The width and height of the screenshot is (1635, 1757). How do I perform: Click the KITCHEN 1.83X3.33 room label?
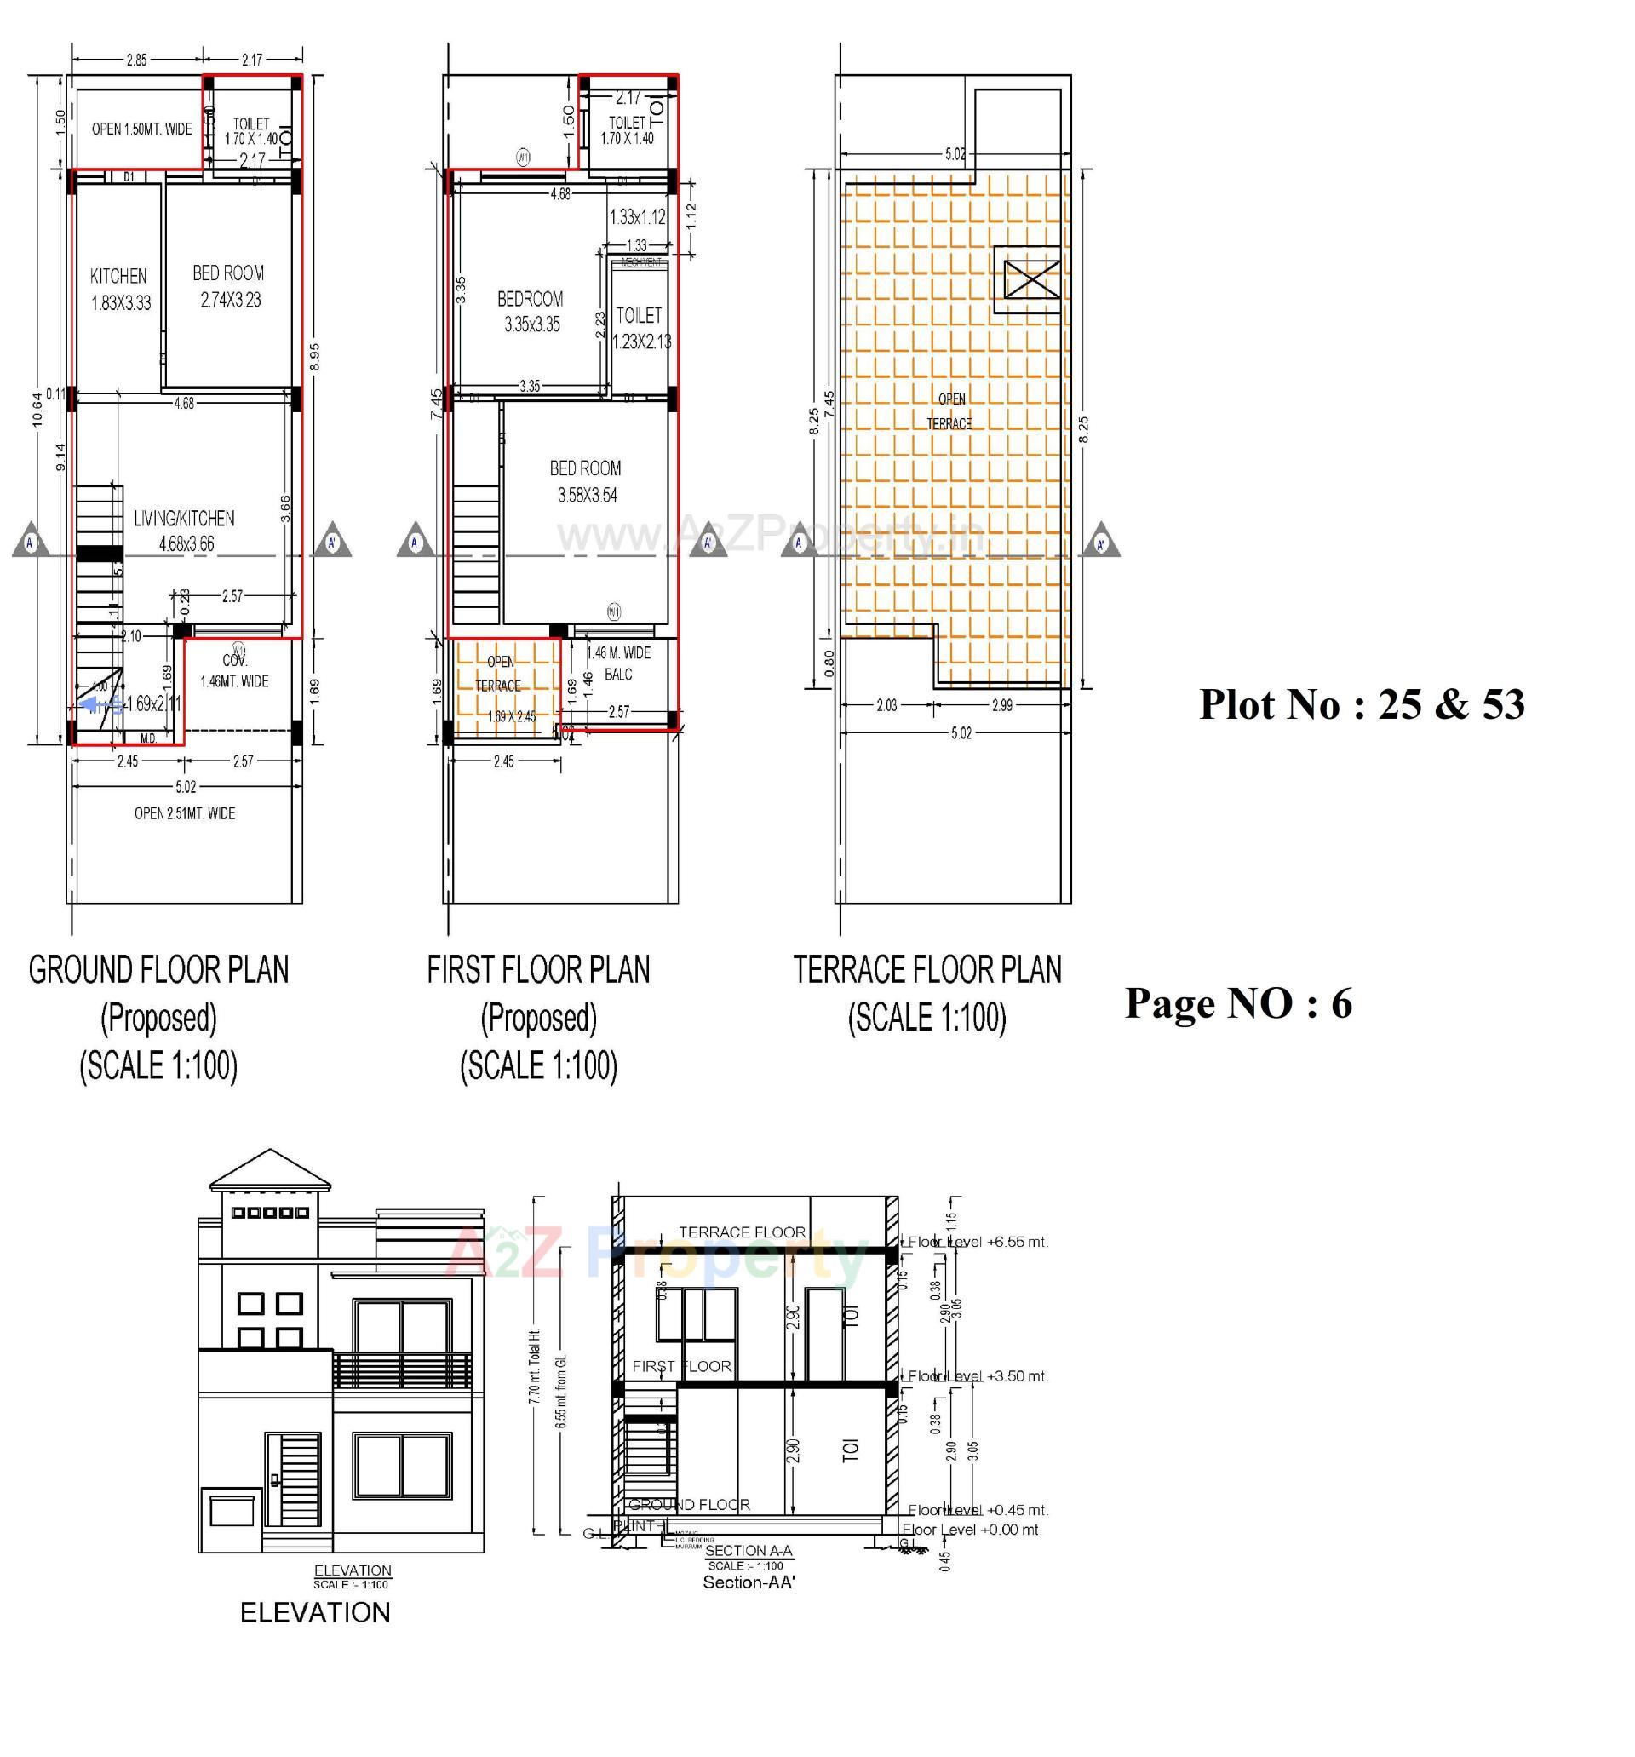coord(120,289)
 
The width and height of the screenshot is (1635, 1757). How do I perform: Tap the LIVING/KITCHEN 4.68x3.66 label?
coord(185,531)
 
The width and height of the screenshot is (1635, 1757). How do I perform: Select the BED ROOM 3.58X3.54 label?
coord(585,482)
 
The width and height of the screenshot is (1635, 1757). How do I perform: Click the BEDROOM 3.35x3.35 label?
coord(531,311)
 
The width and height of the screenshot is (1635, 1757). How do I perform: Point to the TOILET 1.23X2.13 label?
coord(640,328)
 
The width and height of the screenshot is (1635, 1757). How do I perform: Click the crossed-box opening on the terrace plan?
coord(1026,279)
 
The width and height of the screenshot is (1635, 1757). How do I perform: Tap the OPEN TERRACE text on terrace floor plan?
coord(949,411)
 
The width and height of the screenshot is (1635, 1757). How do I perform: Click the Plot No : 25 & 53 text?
coord(1361,704)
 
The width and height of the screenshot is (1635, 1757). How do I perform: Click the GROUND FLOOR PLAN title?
coord(159,969)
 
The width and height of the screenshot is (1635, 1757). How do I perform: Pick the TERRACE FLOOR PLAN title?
coord(926,969)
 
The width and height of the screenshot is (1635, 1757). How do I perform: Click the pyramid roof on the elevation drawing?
coord(271,1170)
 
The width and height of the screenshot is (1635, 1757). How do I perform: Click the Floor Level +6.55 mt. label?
coord(978,1242)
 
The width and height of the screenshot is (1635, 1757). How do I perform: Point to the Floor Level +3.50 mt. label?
coord(978,1376)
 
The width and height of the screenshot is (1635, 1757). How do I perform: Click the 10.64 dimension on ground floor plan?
coord(37,409)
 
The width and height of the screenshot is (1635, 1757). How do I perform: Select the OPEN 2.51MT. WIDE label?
coord(185,813)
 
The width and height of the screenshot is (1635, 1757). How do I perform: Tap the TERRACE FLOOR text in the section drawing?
coord(742,1232)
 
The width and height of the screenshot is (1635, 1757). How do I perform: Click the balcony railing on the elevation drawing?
coord(402,1369)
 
